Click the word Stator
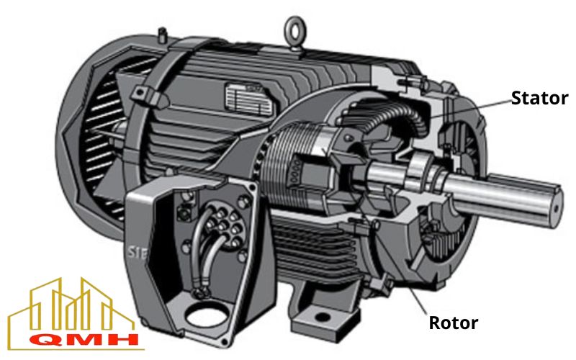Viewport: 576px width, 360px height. tap(539, 98)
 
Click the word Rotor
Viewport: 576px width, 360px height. tap(454, 322)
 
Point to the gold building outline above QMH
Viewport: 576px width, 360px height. tap(72, 306)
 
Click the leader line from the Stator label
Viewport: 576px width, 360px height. tap(468, 108)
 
